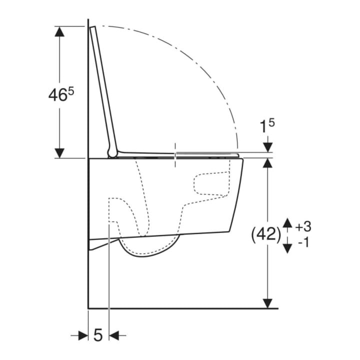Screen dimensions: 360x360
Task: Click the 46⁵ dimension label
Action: click(x=61, y=94)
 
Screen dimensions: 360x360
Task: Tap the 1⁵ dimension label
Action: click(x=267, y=126)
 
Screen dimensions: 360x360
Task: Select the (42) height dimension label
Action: click(x=266, y=235)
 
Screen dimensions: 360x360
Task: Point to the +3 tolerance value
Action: click(x=303, y=226)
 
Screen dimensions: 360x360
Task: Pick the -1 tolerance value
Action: click(x=304, y=242)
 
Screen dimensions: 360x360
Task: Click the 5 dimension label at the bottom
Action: click(x=98, y=334)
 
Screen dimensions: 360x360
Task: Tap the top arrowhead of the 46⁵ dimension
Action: click(x=59, y=31)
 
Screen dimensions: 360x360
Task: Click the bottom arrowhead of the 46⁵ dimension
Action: click(x=59, y=153)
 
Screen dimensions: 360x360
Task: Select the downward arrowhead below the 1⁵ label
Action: click(x=267, y=147)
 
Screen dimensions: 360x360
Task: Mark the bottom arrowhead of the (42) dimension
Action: click(x=267, y=303)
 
